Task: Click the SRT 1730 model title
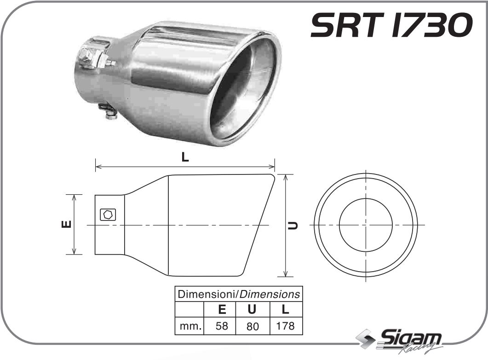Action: [x=391, y=25]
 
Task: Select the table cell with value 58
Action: [x=222, y=326]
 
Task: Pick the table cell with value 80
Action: [x=252, y=326]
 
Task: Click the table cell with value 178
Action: [x=285, y=326]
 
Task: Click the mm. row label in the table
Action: [x=189, y=326]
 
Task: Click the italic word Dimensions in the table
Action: [x=271, y=294]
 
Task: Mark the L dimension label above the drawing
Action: [x=185, y=157]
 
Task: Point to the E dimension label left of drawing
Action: [x=66, y=224]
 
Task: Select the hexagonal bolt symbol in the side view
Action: [x=108, y=215]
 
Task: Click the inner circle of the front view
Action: [x=366, y=225]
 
